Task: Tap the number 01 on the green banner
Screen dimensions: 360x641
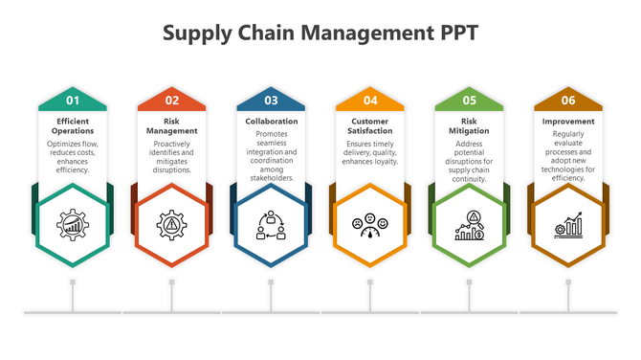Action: tap(73, 100)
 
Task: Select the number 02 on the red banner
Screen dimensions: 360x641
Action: tap(172, 100)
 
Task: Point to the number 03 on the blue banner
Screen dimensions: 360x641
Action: tap(271, 100)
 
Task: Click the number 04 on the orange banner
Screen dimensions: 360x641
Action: tap(370, 100)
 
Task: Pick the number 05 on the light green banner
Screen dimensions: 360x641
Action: tap(469, 100)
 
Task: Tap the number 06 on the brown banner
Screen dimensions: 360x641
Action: tap(568, 100)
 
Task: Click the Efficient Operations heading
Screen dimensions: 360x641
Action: tap(73, 125)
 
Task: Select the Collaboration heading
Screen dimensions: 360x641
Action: tap(271, 122)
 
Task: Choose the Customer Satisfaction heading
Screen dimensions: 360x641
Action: tap(370, 125)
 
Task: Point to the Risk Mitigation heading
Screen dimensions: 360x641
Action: tap(469, 125)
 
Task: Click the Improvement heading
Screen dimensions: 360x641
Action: tap(568, 122)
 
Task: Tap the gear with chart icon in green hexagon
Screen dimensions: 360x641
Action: tap(73, 226)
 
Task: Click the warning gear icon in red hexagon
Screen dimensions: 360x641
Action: tap(172, 226)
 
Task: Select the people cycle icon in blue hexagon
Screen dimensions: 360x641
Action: tap(271, 226)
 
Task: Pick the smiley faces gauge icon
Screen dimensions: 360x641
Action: tap(370, 227)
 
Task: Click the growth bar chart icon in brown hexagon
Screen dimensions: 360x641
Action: tap(568, 227)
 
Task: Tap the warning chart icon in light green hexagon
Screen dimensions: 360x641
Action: tap(469, 226)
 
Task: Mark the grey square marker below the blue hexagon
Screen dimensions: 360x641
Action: tap(271, 282)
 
